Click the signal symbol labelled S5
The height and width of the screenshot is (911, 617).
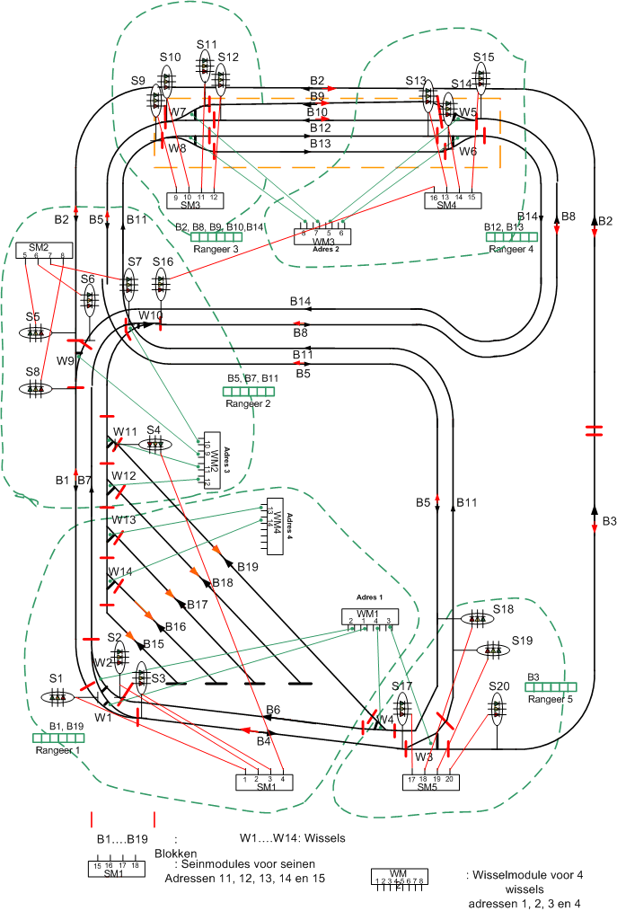pyautogui.click(x=35, y=332)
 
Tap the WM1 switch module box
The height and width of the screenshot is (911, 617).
pyautogui.click(x=368, y=617)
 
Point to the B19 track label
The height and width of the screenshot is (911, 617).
pyautogui.click(x=247, y=567)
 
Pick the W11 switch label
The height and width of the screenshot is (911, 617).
pyautogui.click(x=125, y=432)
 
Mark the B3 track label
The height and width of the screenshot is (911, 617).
pyautogui.click(x=609, y=521)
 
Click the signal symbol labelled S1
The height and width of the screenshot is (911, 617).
pyautogui.click(x=59, y=697)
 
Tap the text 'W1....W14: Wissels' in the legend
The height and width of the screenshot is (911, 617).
pyautogui.click(x=293, y=837)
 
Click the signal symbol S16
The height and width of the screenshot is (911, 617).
pyautogui.click(x=162, y=286)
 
